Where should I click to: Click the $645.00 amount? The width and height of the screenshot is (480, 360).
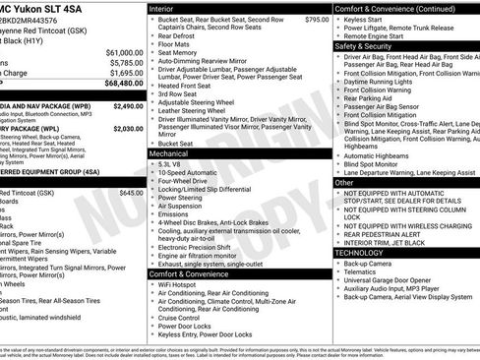tap(131, 194)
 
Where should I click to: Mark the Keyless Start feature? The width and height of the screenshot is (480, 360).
tap(366, 19)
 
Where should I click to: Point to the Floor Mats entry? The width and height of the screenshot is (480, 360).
tap(178, 43)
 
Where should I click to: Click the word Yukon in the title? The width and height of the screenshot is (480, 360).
tap(31, 8)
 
